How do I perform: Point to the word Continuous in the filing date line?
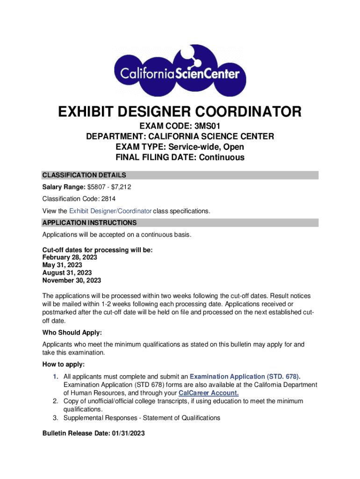click(x=222, y=157)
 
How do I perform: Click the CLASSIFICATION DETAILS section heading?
click(x=84, y=175)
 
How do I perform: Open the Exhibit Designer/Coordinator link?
click(x=110, y=211)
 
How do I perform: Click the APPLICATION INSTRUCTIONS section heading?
click(x=89, y=223)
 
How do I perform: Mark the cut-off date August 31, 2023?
click(x=67, y=273)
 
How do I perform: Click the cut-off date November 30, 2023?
click(x=72, y=281)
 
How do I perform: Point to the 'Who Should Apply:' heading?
click(x=72, y=333)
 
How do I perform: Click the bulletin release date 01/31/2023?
click(x=128, y=434)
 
